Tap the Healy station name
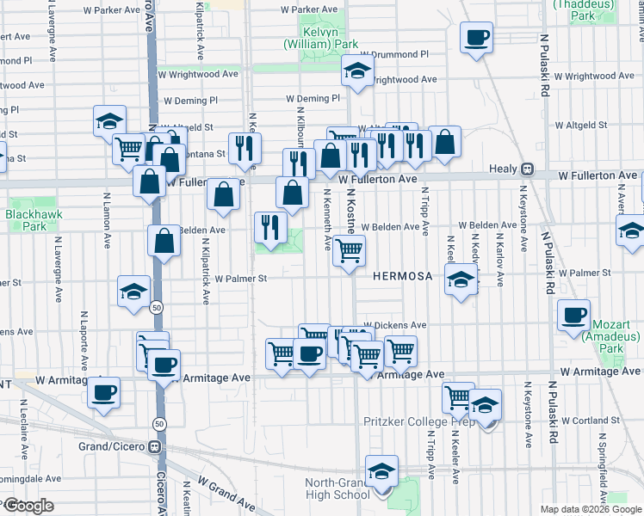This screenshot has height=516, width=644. [x=503, y=169]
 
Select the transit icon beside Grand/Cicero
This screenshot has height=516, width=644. [x=154, y=447]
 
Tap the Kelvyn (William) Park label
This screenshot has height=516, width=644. [x=321, y=44]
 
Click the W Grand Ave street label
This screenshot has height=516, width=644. [x=227, y=495]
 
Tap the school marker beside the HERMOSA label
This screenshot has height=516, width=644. [x=461, y=279]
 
